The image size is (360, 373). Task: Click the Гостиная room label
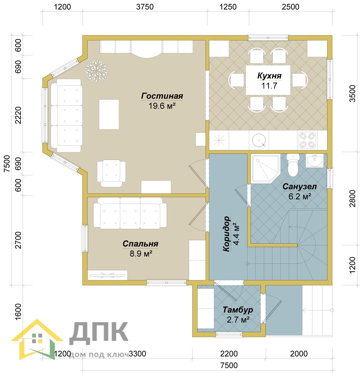click(x=162, y=96)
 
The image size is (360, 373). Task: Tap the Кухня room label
click(x=269, y=76)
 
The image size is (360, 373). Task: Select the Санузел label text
click(x=299, y=187)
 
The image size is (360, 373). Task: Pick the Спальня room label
click(x=140, y=244)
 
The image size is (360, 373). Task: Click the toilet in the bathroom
click(x=293, y=165)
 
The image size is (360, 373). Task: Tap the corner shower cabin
click(x=265, y=168)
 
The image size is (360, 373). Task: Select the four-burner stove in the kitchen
click(x=307, y=140)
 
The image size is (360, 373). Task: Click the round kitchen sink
click(x=259, y=140)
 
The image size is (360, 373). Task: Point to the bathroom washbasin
click(x=314, y=161)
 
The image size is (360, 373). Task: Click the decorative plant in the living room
click(x=96, y=71)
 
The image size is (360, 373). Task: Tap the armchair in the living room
click(x=111, y=173)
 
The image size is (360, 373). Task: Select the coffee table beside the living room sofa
click(x=109, y=114)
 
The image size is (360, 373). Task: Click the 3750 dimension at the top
click(x=145, y=7)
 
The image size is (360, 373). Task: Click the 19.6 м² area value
click(x=162, y=106)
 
